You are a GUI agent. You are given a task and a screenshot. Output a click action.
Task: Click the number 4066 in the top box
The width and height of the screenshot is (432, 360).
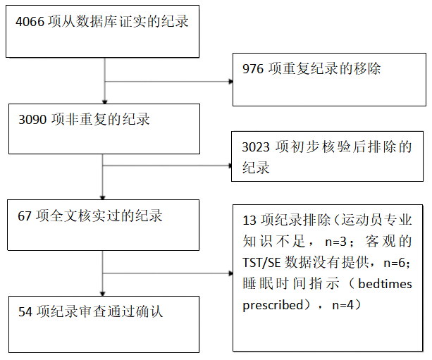pyautogui.click(x=30, y=21)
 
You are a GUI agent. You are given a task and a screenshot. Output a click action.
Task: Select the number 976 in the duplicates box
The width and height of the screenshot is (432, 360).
pyautogui.click(x=253, y=68)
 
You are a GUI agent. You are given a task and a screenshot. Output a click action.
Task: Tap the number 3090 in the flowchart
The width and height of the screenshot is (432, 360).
pyautogui.click(x=32, y=120)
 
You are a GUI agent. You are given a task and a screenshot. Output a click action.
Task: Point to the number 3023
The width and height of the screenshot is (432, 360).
pyautogui.click(x=256, y=147)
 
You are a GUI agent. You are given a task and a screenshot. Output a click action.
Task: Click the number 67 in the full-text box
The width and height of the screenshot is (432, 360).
pyautogui.click(x=25, y=216)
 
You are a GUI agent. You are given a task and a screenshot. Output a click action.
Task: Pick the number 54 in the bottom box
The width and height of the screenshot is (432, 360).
pyautogui.click(x=25, y=312)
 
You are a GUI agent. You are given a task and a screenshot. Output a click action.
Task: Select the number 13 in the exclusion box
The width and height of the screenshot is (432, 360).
pyautogui.click(x=249, y=221)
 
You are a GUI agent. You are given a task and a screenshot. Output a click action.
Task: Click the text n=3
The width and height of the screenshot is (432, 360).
pyautogui.click(x=335, y=242)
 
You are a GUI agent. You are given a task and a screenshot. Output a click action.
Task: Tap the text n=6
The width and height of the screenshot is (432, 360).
pyautogui.click(x=394, y=263)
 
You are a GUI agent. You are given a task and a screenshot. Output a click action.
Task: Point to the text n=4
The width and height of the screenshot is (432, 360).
pyautogui.click(x=342, y=305)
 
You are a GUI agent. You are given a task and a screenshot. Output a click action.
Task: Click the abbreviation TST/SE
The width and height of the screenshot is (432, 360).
pyautogui.click(x=261, y=263)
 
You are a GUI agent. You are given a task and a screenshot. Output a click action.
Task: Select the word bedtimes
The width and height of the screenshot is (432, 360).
pyautogui.click(x=385, y=284)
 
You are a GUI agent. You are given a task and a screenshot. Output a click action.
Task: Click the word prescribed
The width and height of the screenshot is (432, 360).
pyautogui.click(x=273, y=306)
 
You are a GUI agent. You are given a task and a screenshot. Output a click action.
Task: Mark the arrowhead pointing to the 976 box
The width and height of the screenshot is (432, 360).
pyautogui.click(x=231, y=82)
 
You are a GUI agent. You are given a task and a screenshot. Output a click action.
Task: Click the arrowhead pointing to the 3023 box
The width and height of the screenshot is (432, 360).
pyautogui.click(x=231, y=166)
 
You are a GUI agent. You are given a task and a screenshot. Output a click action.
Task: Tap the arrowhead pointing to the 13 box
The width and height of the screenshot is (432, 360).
pyautogui.click(x=231, y=273)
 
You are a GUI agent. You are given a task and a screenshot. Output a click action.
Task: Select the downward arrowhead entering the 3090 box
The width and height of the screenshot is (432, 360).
pyautogui.click(x=105, y=102)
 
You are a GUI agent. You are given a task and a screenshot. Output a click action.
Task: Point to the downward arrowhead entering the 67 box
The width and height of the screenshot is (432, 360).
pyautogui.click(x=102, y=198)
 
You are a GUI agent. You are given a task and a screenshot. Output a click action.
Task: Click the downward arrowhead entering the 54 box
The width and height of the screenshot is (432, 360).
pyautogui.click(x=102, y=294)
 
